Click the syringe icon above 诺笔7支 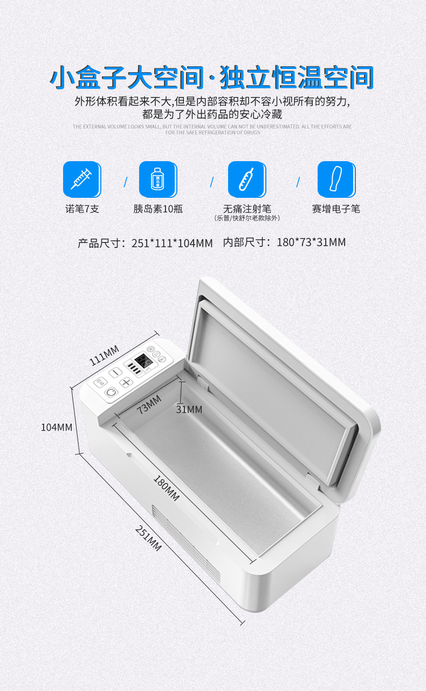[81, 179]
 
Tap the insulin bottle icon [158, 179]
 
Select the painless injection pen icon [246, 179]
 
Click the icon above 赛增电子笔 [336, 179]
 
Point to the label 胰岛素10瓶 [158, 209]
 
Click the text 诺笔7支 [81, 209]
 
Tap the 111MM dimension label [104, 356]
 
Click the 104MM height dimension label [57, 427]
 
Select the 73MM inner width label [149, 405]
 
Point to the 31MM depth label [189, 410]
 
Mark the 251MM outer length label [148, 537]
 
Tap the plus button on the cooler [126, 383]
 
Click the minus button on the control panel [115, 372]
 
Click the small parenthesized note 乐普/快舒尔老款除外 [247, 218]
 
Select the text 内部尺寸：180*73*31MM [284, 243]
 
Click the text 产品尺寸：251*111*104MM [145, 243]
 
